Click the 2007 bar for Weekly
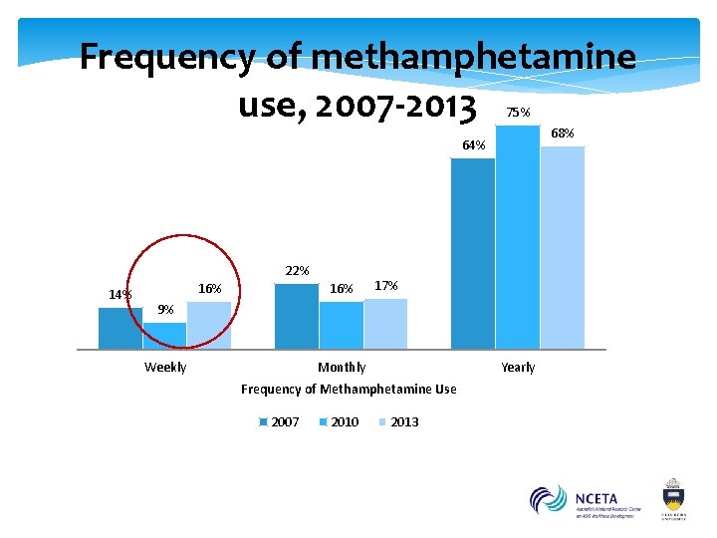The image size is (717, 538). tap(120, 328)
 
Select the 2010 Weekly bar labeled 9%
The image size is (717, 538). tap(164, 336)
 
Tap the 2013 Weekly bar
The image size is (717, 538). tap(209, 325)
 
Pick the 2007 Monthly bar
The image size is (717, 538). tap(296, 316)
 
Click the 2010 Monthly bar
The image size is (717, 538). tap(342, 325)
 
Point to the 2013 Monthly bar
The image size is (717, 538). tap(385, 324)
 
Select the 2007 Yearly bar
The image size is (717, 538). tap(473, 253)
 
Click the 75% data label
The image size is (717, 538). tap(518, 113)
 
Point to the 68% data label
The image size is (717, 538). tap(563, 134)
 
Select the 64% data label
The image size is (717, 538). tap(474, 146)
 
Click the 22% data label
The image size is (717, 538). tap(297, 271)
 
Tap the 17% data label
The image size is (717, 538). tap(386, 286)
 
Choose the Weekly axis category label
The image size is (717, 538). tap(165, 368)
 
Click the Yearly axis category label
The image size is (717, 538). tap(518, 368)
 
